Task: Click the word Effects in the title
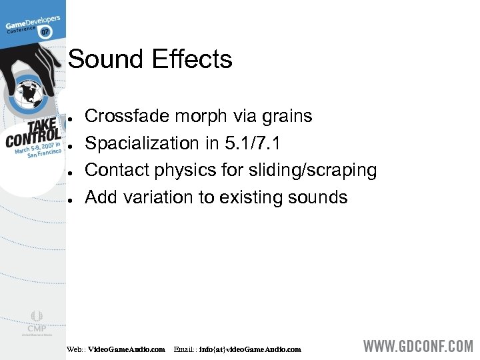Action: point(192,59)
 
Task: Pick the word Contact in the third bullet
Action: point(117,171)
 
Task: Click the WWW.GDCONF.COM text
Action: point(417,347)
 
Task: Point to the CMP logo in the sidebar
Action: point(36,323)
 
